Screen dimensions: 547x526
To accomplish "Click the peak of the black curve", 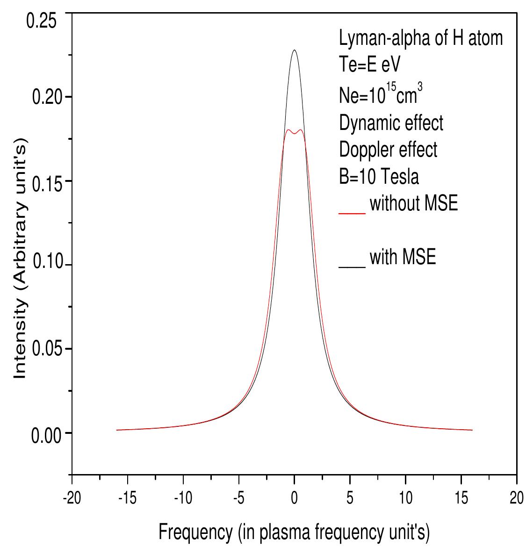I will (x=294, y=50).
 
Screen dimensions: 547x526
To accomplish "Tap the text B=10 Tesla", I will (x=379, y=177).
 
